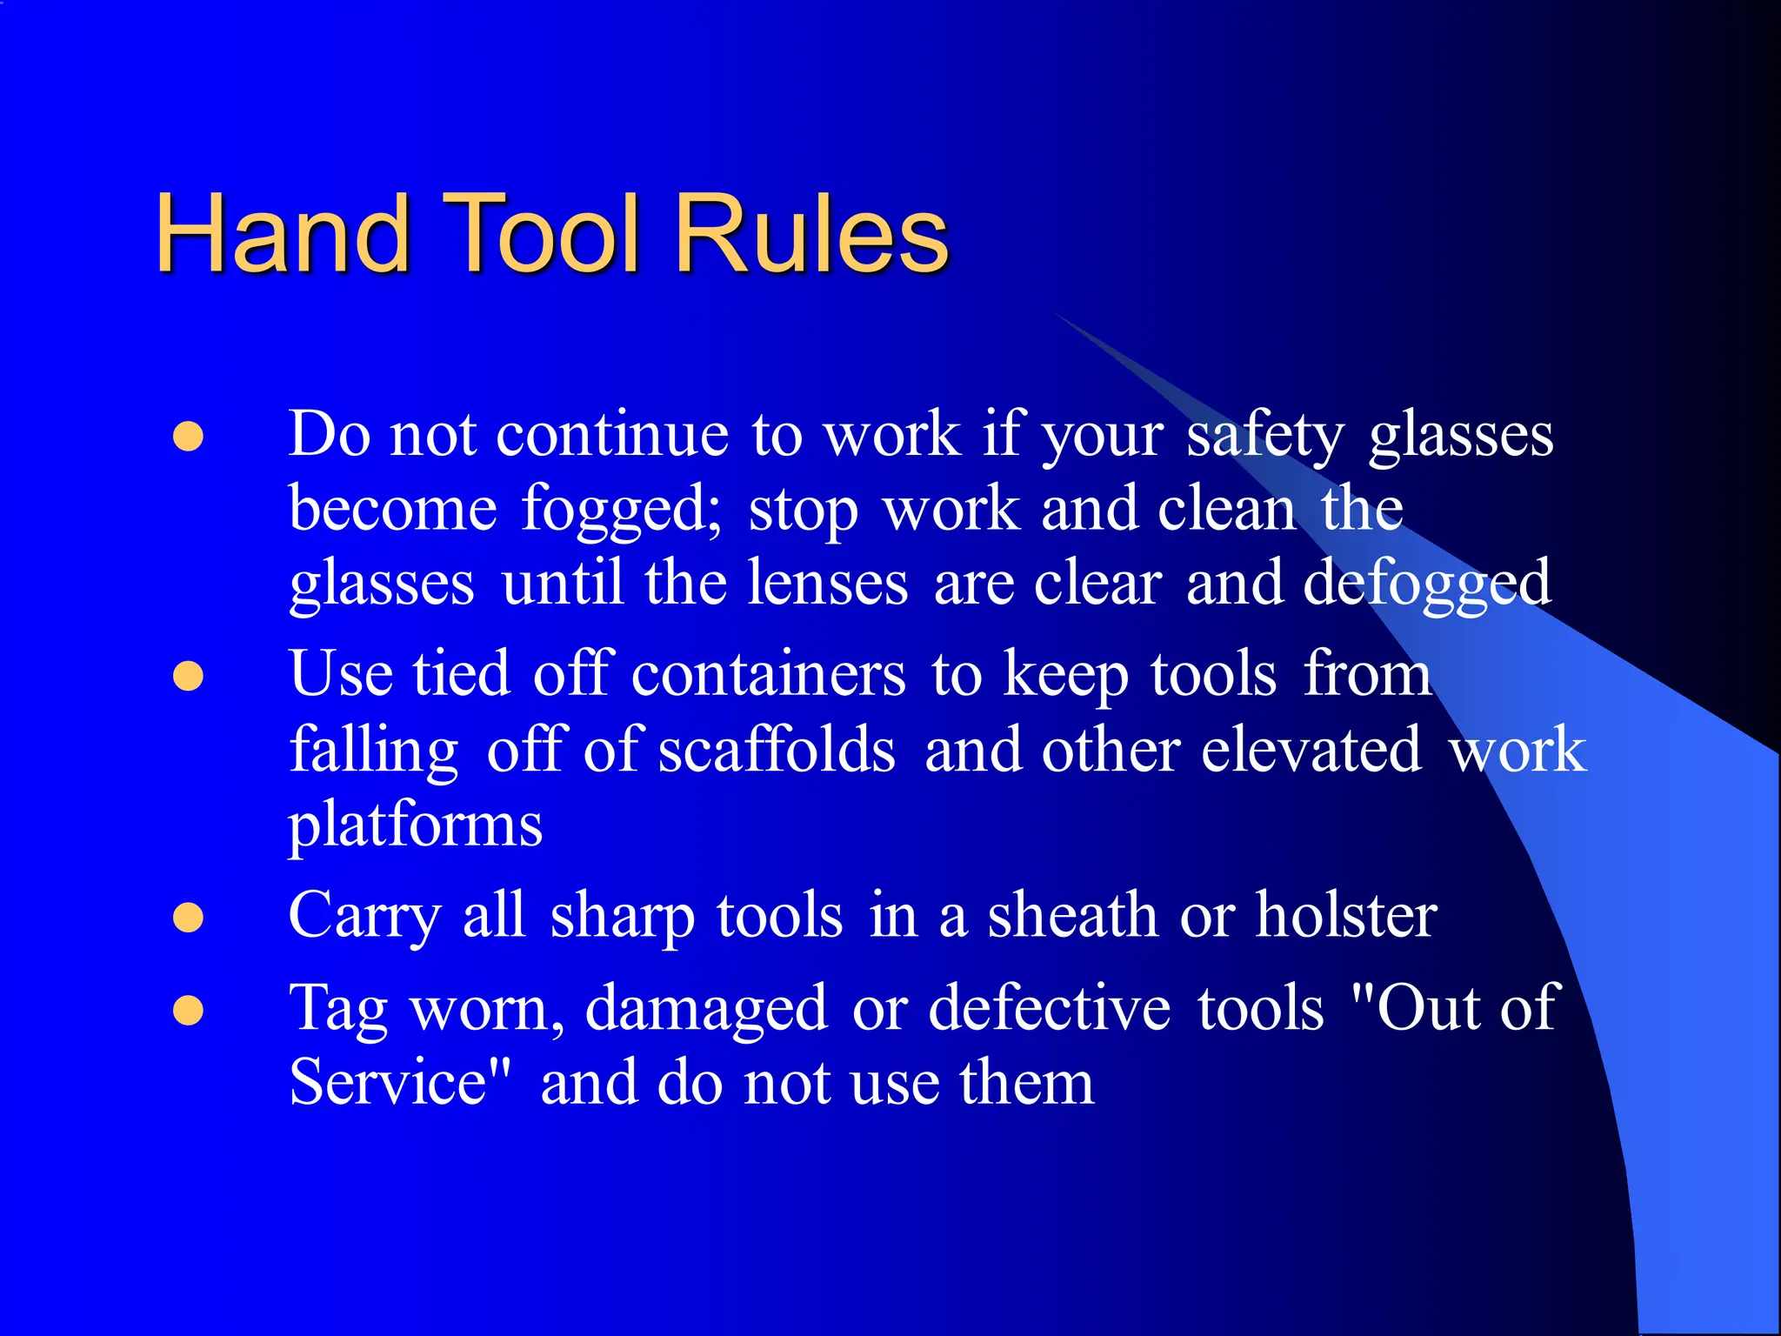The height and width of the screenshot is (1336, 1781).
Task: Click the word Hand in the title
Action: point(283,233)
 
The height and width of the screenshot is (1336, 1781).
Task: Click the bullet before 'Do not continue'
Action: point(189,438)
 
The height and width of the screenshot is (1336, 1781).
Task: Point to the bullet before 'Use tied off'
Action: point(189,677)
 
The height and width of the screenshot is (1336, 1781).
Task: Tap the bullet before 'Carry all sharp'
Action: point(189,918)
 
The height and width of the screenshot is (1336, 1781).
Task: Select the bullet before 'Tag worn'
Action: point(189,1011)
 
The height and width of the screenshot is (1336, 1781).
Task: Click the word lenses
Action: point(828,584)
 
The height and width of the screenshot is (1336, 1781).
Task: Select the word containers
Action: point(769,675)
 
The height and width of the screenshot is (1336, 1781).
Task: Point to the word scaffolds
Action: point(777,750)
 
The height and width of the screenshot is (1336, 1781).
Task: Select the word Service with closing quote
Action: point(400,1083)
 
